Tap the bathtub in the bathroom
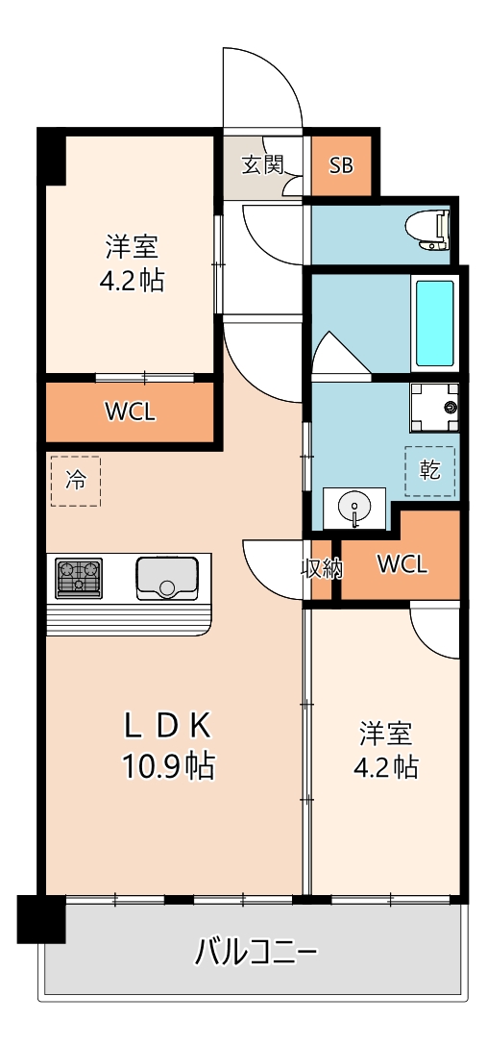pyautogui.click(x=433, y=323)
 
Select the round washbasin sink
pyautogui.click(x=354, y=508)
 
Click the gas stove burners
pyautogui.click(x=79, y=577)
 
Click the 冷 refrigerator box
pyautogui.click(x=75, y=481)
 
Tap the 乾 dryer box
pyautogui.click(x=430, y=470)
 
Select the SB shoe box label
pyautogui.click(x=341, y=165)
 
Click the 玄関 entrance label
pyautogui.click(x=261, y=164)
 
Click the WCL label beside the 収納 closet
pyautogui.click(x=402, y=564)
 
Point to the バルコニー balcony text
pyautogui.click(x=256, y=952)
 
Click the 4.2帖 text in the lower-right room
pyautogui.click(x=386, y=767)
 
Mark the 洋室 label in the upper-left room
pyautogui.click(x=132, y=247)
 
